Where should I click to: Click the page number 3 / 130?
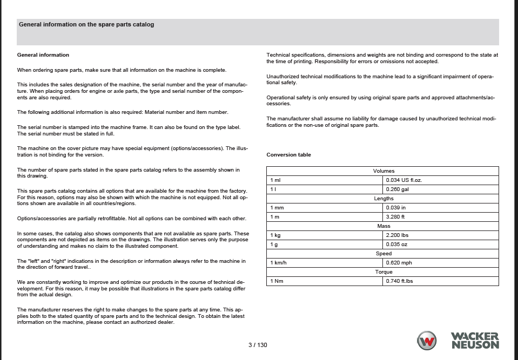(x=258, y=345)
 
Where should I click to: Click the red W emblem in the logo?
(x=427, y=341)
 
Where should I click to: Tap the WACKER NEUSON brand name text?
(x=475, y=341)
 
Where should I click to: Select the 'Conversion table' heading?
(x=288, y=155)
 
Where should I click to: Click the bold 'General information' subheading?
(x=43, y=55)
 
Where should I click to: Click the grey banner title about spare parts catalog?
(x=86, y=24)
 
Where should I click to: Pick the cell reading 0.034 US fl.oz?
(x=403, y=180)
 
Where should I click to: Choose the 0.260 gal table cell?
(x=397, y=189)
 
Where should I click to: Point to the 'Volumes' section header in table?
(x=384, y=171)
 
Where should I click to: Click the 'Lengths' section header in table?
(x=384, y=199)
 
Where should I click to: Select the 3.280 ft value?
(x=395, y=217)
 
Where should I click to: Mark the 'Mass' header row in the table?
(x=384, y=226)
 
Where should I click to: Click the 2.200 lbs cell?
(x=397, y=235)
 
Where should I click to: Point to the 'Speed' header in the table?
(x=384, y=254)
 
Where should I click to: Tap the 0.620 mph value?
(x=399, y=263)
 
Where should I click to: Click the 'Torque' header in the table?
(x=384, y=272)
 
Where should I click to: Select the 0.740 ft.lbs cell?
(x=399, y=281)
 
